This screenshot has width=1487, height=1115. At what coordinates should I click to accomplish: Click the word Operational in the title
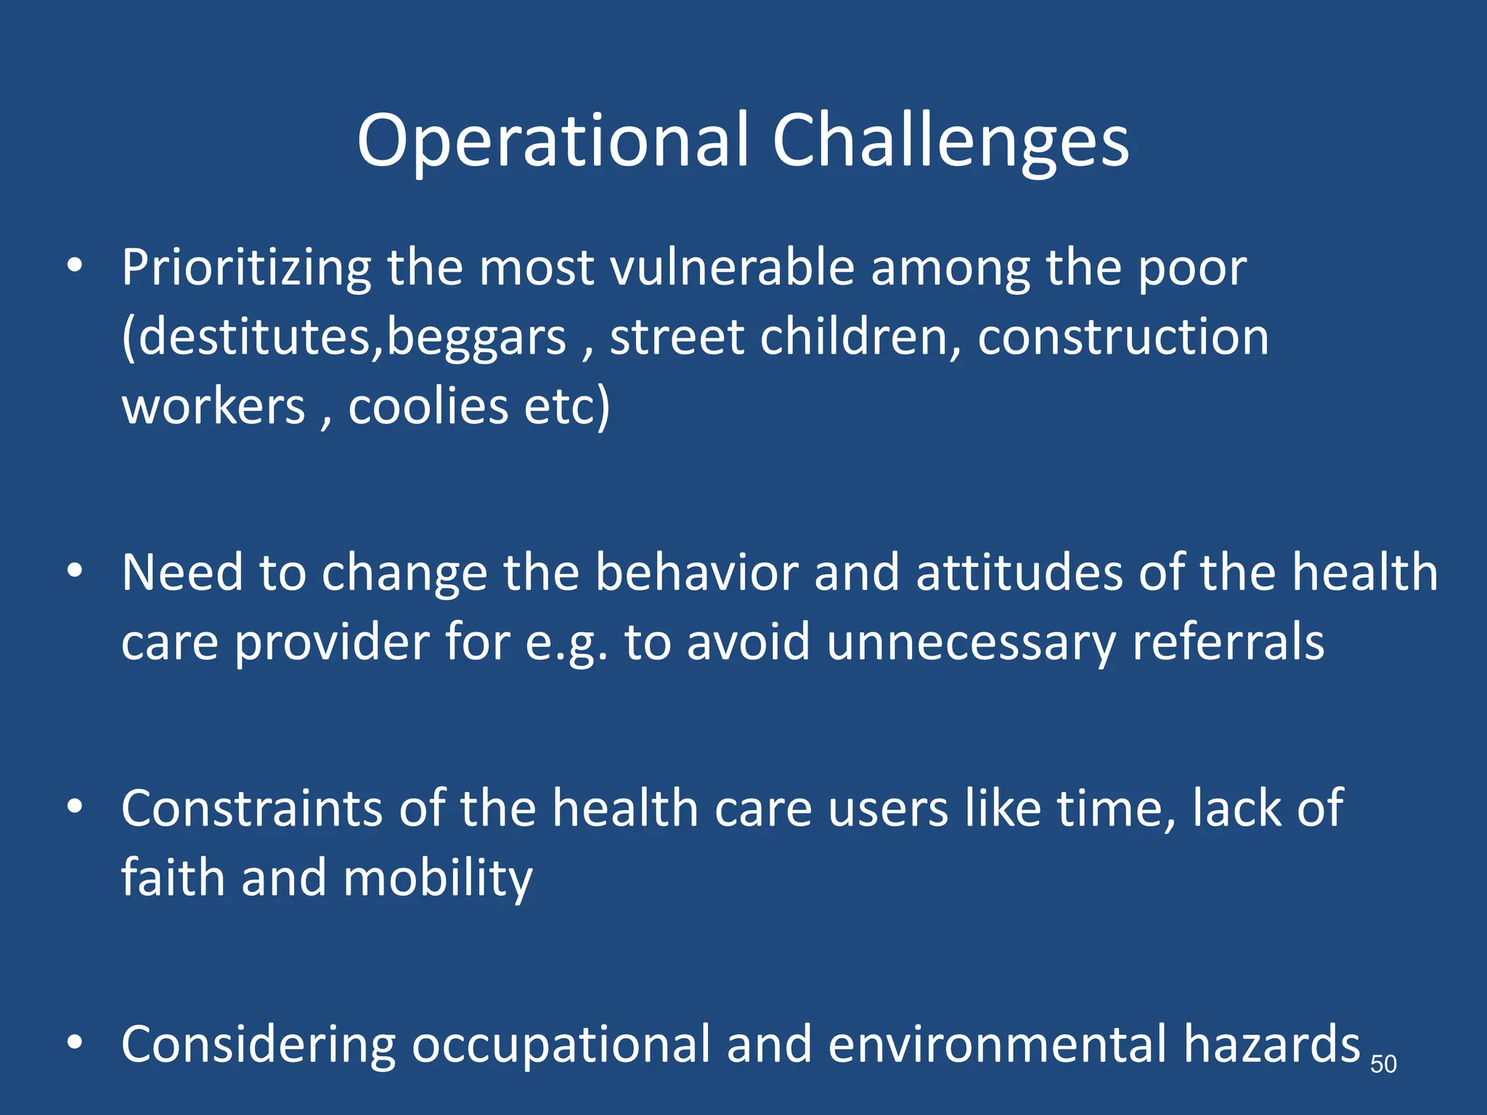tap(553, 142)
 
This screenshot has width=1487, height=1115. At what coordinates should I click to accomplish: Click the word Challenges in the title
tap(950, 142)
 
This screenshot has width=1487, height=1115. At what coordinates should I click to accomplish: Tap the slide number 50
tap(1383, 1064)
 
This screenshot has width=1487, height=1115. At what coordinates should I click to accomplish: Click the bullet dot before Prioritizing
tap(75, 266)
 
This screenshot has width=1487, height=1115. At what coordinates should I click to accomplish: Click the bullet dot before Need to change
tap(75, 572)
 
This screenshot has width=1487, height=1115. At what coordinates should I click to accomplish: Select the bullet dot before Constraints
tap(75, 807)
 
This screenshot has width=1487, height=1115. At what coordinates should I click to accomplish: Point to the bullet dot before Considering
tap(75, 1043)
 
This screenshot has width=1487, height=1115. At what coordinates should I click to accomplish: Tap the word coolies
tap(428, 406)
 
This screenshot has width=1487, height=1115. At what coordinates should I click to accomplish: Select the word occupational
tap(561, 1045)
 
